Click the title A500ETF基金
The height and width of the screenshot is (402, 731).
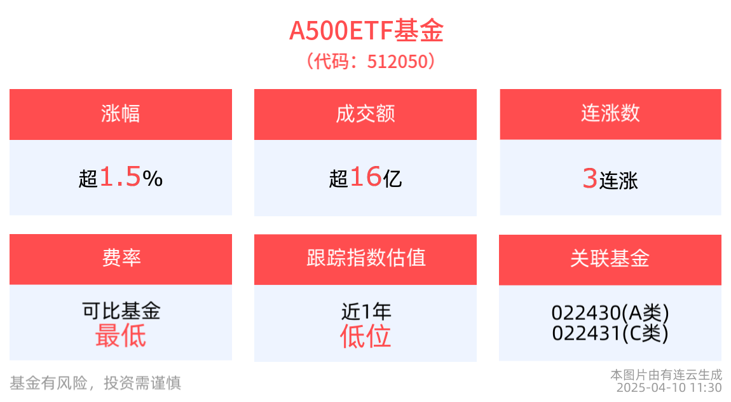tap(366, 31)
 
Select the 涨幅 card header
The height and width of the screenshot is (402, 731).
tap(120, 114)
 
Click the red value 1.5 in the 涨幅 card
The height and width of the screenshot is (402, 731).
tap(120, 178)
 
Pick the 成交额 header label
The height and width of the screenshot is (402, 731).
tap(365, 114)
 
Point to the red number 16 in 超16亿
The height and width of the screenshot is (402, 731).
tap(365, 177)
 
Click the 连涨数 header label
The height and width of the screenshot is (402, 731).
tap(610, 114)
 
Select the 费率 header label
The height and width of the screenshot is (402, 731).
tap(120, 258)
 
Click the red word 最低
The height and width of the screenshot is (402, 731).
tap(120, 336)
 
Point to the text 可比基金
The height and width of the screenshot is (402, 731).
tap(120, 311)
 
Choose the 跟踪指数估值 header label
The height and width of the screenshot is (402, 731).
tap(365, 258)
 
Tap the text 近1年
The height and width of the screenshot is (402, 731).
tap(365, 312)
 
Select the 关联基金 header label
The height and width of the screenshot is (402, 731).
tap(610, 258)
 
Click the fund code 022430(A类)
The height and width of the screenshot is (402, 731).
tap(610, 313)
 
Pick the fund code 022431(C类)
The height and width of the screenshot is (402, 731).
tap(610, 333)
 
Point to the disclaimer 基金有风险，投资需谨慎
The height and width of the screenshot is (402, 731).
tap(95, 383)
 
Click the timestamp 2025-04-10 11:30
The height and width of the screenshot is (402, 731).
tap(669, 387)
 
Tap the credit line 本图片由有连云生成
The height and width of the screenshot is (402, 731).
tap(666, 375)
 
